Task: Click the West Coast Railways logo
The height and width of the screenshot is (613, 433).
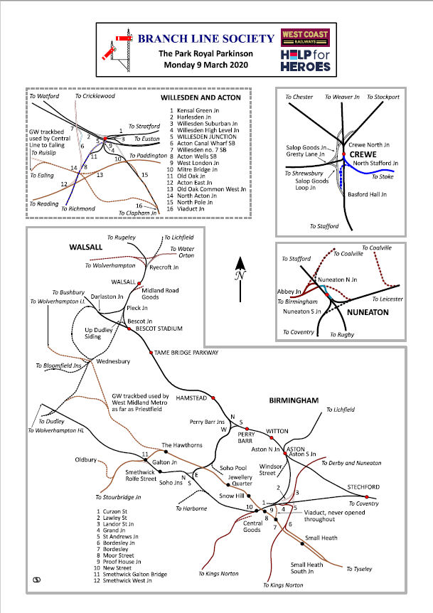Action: (306, 36)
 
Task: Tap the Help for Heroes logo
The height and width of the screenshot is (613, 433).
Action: (306, 60)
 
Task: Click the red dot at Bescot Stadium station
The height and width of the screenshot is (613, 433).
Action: (128, 329)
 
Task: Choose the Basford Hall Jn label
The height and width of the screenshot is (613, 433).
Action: (367, 193)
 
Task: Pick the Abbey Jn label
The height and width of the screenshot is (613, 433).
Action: (286, 292)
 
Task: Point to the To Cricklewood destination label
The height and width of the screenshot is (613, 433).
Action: (95, 95)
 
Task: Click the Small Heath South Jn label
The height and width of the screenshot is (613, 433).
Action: (306, 568)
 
